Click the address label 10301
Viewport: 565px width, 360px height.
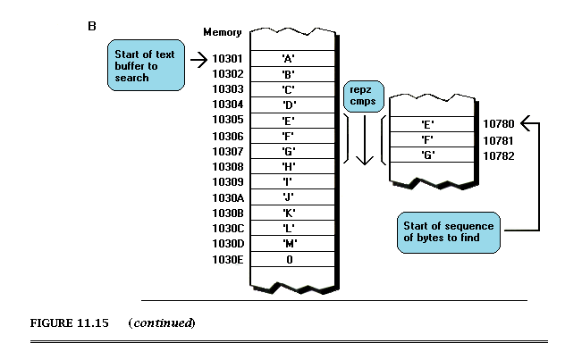[227, 58]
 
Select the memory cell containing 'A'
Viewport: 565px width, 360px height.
[292, 58]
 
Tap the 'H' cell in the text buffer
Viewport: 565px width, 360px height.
[292, 166]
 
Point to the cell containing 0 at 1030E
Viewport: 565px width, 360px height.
[292, 259]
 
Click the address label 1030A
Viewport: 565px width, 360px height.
[228, 198]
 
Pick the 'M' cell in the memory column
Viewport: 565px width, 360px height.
[292, 244]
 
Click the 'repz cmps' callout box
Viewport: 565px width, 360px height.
[364, 96]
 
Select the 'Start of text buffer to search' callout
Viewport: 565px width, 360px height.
[146, 65]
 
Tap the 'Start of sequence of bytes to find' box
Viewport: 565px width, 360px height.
[449, 232]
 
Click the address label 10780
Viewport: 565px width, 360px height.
[498, 124]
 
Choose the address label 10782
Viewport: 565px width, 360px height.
[498, 155]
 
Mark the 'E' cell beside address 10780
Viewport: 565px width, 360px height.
[432, 124]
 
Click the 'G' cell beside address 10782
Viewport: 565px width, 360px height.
[432, 155]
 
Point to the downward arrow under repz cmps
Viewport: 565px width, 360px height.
[365, 140]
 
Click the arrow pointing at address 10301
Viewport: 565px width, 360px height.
[198, 60]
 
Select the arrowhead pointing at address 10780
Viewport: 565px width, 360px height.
[526, 123]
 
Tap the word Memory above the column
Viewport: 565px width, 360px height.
[223, 32]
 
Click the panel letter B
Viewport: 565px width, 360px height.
[92, 26]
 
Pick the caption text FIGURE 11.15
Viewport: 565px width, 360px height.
[69, 322]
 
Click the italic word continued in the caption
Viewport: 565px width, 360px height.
[162, 322]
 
